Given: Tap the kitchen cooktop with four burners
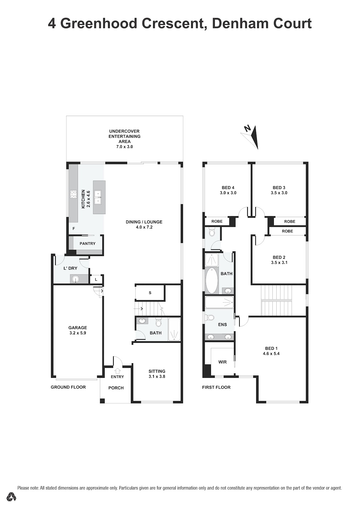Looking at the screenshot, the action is [73, 194].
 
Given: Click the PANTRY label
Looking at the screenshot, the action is [87, 244].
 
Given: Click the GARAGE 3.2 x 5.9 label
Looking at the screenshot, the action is [78, 330].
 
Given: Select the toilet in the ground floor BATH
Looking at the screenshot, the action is [158, 323].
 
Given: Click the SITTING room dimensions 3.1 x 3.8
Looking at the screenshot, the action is [157, 376].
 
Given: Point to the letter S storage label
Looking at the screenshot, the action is [150, 293].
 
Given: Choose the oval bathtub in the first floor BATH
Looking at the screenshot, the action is [212, 280].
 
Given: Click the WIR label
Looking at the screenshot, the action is [222, 362].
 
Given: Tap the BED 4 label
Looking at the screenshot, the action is [228, 187].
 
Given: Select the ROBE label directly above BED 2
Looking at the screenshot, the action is [287, 231].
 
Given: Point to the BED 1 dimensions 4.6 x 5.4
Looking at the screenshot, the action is [271, 354].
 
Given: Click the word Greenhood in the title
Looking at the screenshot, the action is [99, 23].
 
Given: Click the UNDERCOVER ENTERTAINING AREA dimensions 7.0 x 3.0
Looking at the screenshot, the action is [124, 147].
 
